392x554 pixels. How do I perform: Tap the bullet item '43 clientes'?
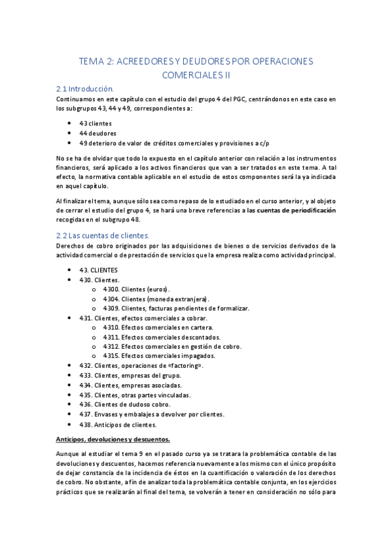(96, 123)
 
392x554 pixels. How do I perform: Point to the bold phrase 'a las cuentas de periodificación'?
(288, 210)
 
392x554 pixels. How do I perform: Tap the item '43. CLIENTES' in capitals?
(99, 269)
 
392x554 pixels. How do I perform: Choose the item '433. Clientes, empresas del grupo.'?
(130, 376)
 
